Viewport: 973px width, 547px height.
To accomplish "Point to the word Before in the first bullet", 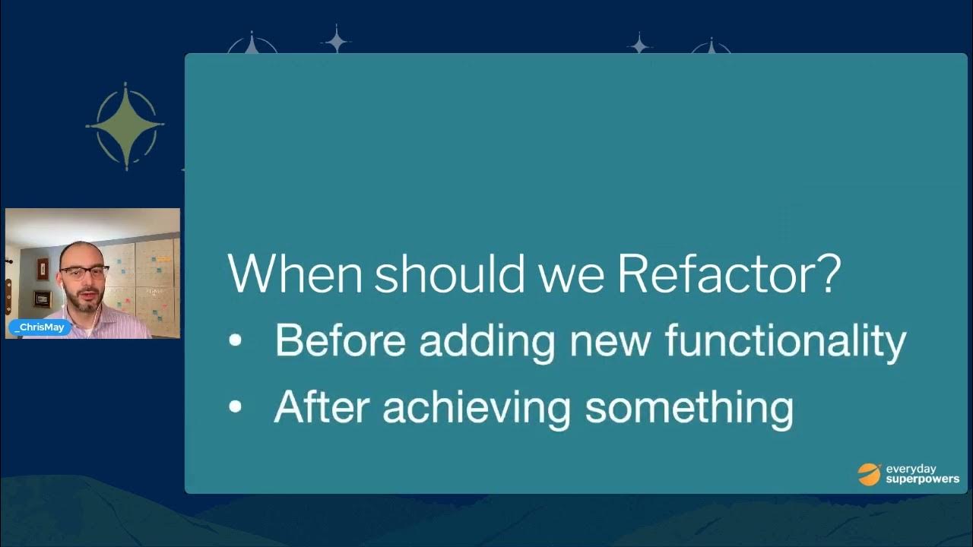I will coord(340,340).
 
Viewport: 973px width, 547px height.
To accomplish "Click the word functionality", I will coord(785,340).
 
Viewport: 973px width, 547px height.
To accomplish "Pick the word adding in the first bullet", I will coord(487,342).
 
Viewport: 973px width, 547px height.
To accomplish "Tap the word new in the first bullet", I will coord(610,342).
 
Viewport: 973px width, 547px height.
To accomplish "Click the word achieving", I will coord(476,408).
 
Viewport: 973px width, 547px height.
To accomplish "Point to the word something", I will coord(689,408).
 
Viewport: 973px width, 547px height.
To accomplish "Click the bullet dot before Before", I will coord(235,341).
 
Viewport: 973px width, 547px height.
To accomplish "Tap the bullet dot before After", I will coord(235,407).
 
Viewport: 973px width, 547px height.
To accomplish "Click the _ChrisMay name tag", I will coord(40,327).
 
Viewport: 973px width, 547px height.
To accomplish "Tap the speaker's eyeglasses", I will coord(84,271).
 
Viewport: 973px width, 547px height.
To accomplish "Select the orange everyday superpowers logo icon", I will coord(869,474).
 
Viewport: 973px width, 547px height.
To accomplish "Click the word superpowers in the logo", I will coord(922,479).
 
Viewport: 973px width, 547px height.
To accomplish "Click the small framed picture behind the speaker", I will coord(42,299).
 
